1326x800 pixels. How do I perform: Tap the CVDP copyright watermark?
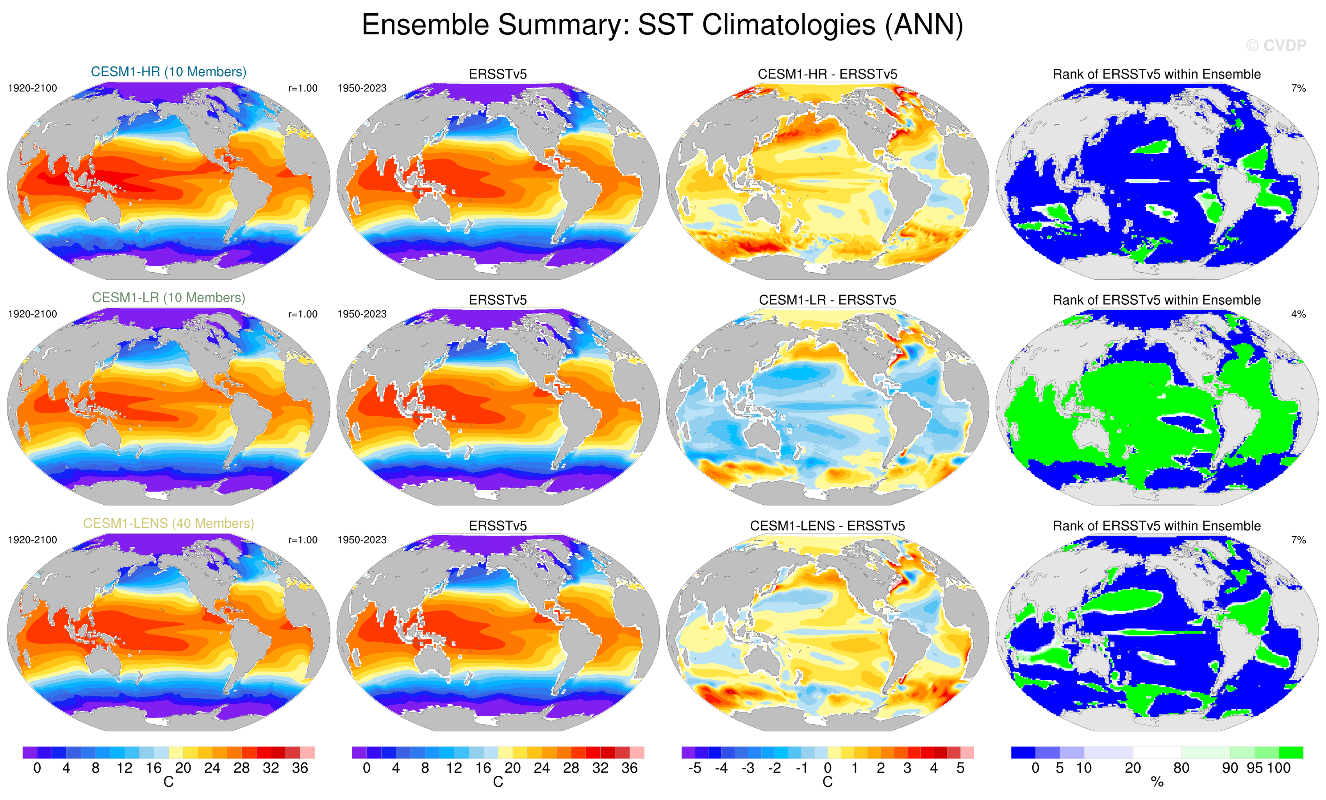[1276, 46]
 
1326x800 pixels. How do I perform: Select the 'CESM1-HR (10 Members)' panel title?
[168, 71]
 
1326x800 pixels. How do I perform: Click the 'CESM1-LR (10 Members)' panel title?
[168, 298]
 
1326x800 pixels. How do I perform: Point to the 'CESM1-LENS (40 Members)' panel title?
[168, 523]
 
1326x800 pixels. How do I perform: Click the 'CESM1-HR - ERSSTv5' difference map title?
[827, 74]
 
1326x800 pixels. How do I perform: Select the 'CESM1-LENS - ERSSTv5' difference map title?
[827, 526]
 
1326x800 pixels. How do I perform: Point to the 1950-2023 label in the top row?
[362, 88]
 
